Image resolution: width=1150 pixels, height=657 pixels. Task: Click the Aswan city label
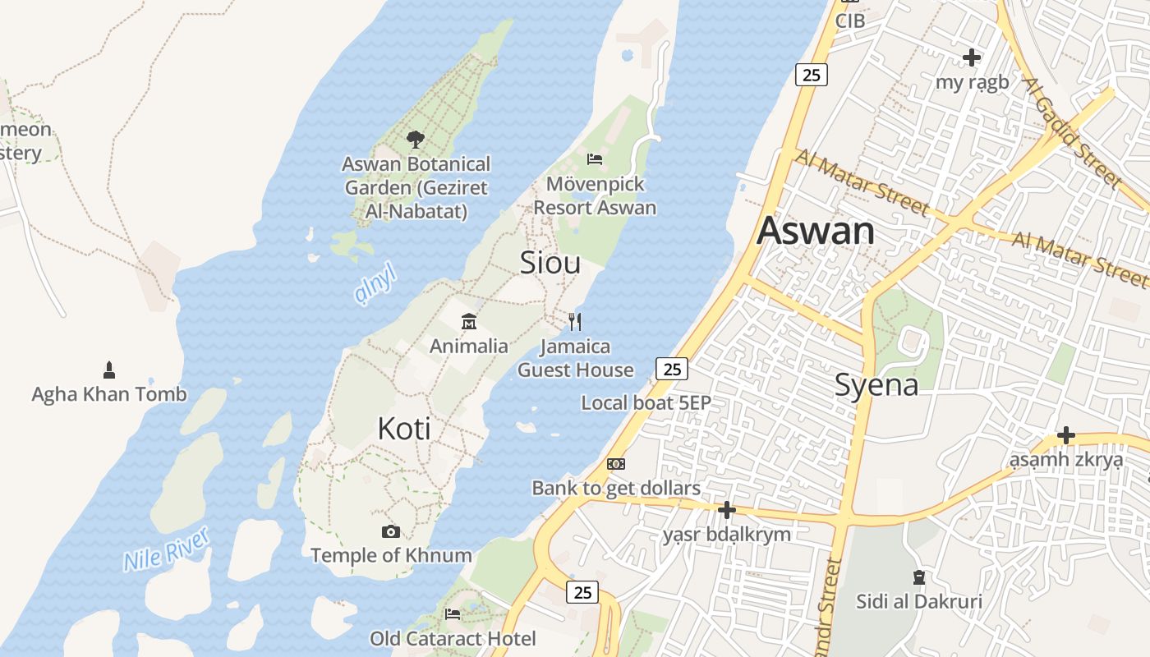(816, 230)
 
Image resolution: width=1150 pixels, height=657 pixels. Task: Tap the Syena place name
(876, 384)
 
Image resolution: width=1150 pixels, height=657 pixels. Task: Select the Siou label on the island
(550, 262)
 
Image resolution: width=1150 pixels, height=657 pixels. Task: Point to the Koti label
(404, 429)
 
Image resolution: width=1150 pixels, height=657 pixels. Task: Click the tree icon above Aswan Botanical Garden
(416, 140)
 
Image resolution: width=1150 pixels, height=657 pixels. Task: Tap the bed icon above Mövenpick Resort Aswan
(595, 159)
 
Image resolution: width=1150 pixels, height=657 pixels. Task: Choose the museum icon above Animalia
(469, 320)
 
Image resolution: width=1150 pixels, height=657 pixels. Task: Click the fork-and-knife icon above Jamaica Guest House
(575, 321)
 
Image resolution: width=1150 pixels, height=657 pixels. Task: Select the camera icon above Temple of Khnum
(391, 531)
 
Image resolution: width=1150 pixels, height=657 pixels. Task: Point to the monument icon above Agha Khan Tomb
(108, 370)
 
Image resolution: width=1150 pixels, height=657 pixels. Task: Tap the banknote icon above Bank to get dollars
(616, 464)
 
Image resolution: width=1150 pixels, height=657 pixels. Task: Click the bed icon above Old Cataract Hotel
(453, 613)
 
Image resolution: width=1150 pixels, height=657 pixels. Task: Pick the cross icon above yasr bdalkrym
(726, 511)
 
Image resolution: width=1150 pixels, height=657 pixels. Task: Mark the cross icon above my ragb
(972, 57)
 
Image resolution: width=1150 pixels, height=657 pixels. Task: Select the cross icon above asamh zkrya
(1066, 435)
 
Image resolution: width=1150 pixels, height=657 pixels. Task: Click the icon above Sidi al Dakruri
(919, 577)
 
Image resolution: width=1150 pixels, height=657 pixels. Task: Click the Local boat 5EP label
(646, 403)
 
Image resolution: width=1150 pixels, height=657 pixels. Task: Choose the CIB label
(850, 21)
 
